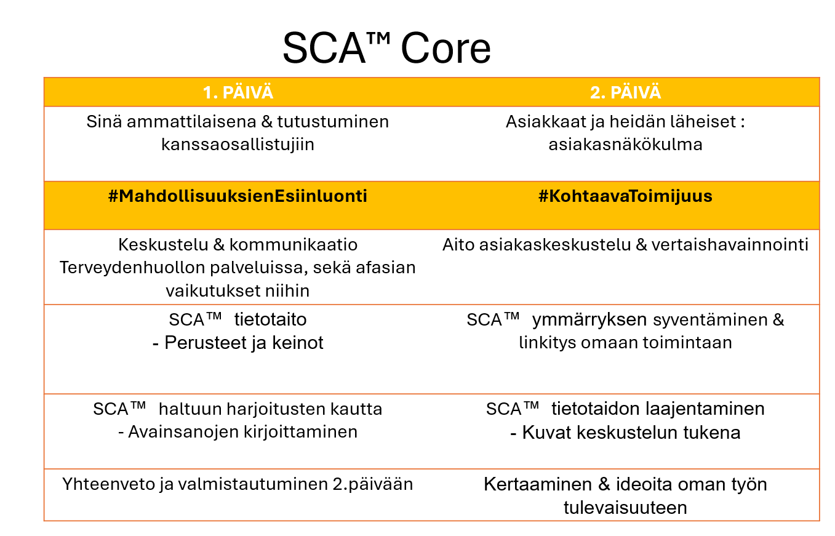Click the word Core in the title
(446, 49)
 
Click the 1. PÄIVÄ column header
(238, 92)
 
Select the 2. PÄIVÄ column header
(625, 92)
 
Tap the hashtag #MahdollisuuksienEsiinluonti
(238, 196)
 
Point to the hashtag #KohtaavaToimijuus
(625, 196)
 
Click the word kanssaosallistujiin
(238, 145)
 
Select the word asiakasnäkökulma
(625, 145)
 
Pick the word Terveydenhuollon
(132, 268)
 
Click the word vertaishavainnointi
(730, 245)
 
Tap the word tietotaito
(270, 319)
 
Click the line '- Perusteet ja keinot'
(238, 343)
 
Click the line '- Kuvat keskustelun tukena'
(625, 433)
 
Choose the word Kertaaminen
(538, 484)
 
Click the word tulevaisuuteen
(625, 508)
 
